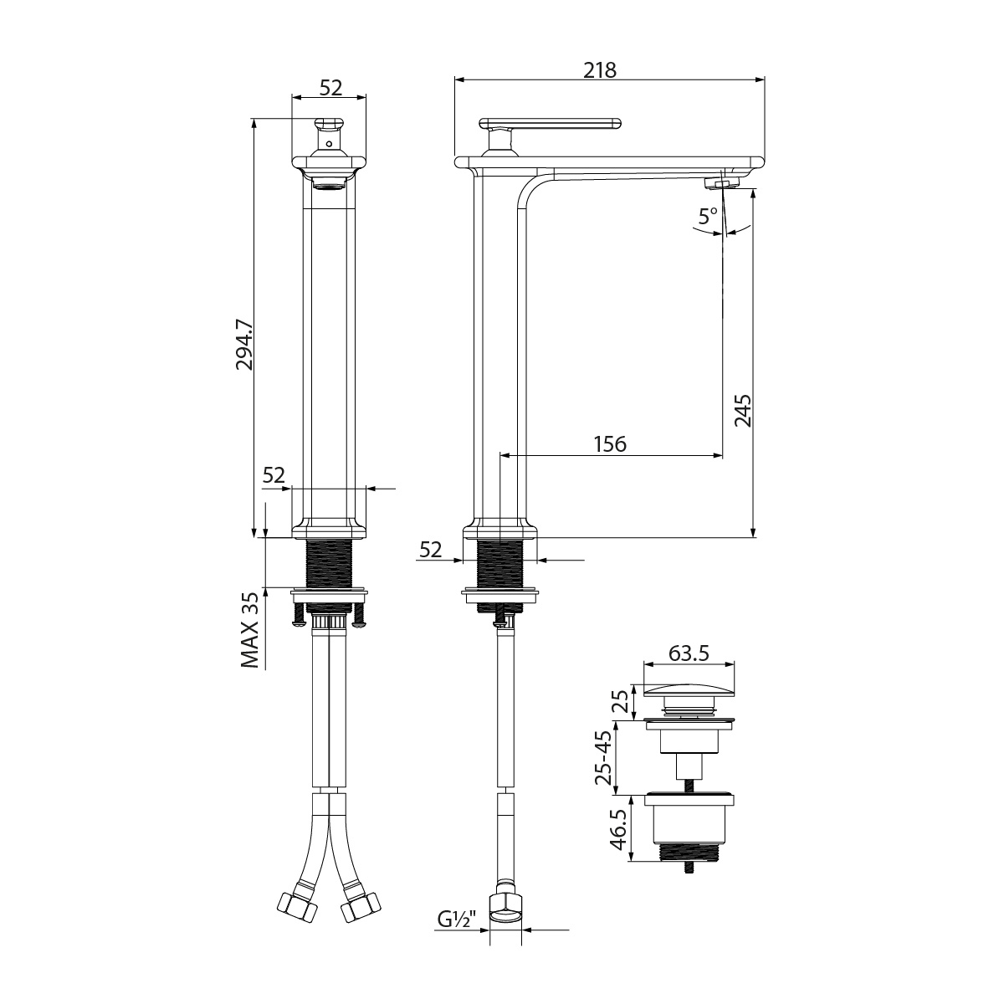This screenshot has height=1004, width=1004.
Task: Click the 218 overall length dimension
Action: (x=600, y=70)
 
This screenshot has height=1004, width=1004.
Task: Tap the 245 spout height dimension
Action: (x=742, y=411)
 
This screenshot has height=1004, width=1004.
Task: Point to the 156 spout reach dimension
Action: (x=610, y=443)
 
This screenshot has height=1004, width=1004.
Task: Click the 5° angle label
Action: (x=708, y=215)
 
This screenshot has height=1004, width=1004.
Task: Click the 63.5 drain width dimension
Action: (x=691, y=653)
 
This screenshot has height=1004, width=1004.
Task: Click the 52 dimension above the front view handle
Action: (x=330, y=86)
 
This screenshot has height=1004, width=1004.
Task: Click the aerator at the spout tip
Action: (x=720, y=182)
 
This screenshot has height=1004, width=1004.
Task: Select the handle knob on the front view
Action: (x=329, y=126)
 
